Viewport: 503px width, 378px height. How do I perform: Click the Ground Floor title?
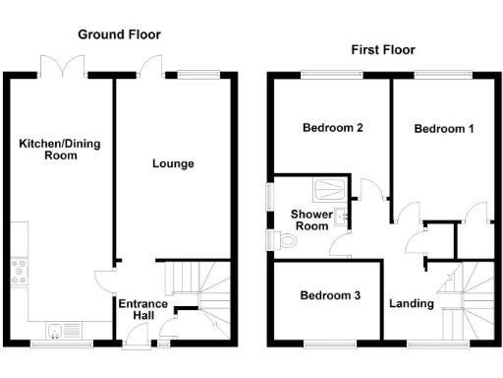120,34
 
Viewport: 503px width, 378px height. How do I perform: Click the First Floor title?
382,49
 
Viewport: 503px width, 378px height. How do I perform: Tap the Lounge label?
172,163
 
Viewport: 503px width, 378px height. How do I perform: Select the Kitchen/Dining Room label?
60,150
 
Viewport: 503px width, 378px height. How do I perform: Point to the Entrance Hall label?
143,310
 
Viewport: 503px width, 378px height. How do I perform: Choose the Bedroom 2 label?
333,128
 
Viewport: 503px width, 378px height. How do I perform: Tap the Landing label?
411,303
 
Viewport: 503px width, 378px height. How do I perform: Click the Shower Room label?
309,220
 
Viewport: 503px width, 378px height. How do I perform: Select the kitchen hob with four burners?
18,272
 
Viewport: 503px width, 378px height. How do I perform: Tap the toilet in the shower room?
286,239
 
